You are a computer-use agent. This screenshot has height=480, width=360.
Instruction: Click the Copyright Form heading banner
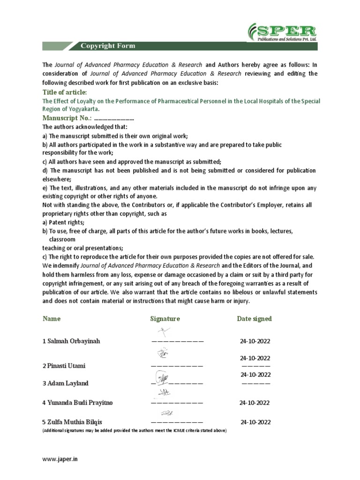point(108,45)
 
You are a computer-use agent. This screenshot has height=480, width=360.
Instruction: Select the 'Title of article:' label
point(65,92)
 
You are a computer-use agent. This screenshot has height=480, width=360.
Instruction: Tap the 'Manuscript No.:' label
point(66,118)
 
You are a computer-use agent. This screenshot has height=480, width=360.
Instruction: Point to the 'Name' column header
point(52,319)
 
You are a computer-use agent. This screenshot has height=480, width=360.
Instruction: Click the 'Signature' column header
point(165,319)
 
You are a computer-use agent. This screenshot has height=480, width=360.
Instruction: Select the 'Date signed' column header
point(254,319)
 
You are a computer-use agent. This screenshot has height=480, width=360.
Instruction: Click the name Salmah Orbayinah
point(71,341)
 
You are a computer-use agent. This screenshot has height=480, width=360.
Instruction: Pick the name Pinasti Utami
point(65,366)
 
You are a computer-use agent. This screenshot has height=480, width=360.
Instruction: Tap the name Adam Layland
point(65,383)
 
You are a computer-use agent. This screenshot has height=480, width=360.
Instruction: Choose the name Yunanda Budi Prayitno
point(78,402)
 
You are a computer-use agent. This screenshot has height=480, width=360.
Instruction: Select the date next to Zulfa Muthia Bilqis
point(255,422)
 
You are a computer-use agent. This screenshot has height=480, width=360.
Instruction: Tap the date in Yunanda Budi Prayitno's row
point(254,402)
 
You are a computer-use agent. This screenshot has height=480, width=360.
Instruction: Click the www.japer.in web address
point(60,460)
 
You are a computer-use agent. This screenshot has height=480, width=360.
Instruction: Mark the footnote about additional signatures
point(134,430)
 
